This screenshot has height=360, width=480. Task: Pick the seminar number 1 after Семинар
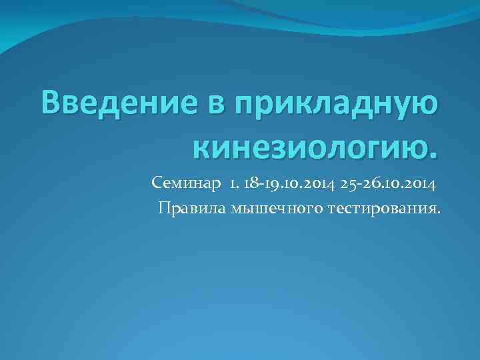click(233, 183)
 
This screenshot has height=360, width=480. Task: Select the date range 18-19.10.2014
click(285, 183)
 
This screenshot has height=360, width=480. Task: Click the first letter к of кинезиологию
click(201, 145)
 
